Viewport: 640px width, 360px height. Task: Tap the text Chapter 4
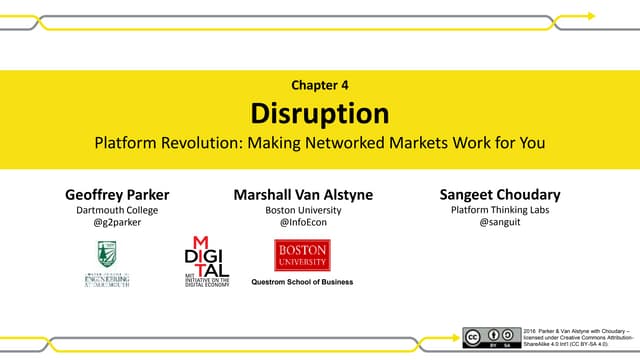[x=319, y=85]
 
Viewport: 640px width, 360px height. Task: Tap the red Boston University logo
[x=302, y=255]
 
